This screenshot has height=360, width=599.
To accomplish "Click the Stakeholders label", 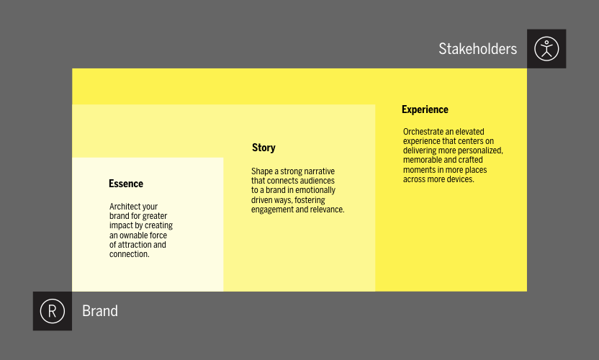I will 477,49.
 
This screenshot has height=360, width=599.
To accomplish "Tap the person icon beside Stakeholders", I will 546,49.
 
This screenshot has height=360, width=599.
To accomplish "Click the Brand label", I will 100,311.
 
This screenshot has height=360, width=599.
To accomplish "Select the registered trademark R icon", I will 53,311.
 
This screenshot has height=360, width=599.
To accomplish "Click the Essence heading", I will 126,184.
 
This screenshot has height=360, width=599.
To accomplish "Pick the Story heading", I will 264,148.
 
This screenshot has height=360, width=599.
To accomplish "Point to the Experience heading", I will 425,109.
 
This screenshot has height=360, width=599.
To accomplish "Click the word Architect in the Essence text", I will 125,207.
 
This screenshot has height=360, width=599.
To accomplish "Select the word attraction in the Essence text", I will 136,245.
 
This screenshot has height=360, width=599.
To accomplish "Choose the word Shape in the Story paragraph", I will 261,171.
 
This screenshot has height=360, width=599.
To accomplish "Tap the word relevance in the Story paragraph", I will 327,210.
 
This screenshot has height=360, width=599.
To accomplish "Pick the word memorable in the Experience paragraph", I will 421,160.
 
